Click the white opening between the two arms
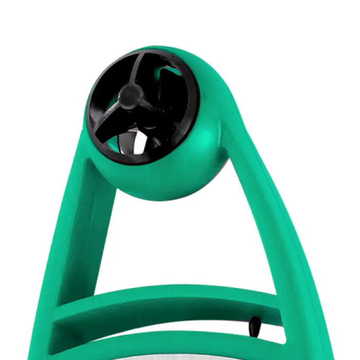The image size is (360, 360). tap(180, 242)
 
